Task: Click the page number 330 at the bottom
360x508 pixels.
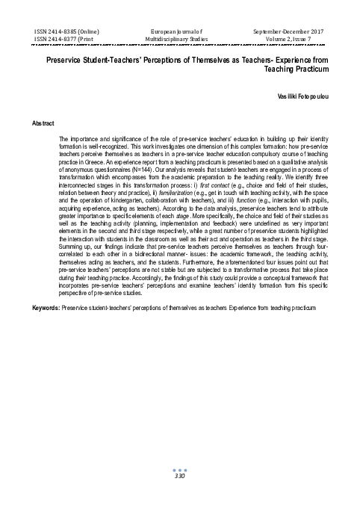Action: point(179,455)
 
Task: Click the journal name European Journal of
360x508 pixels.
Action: point(180,31)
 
